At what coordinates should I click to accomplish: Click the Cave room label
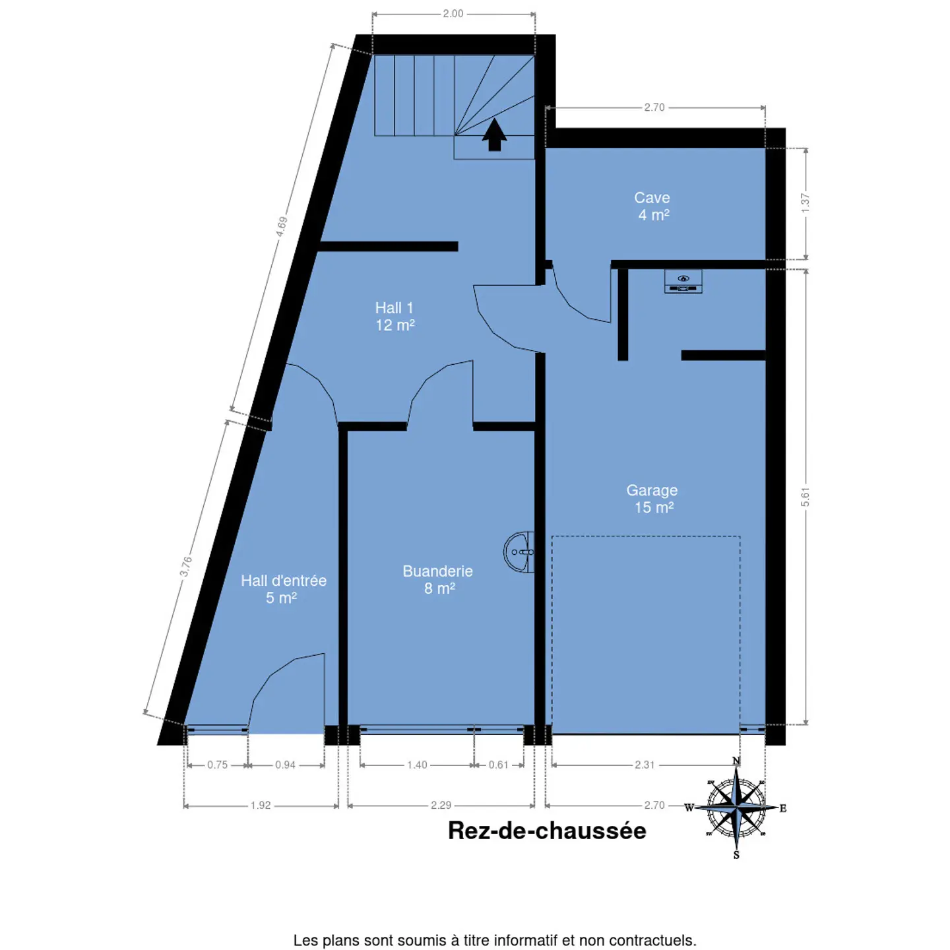[652, 206]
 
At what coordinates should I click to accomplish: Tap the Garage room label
[652, 498]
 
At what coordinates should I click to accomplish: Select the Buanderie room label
[438, 579]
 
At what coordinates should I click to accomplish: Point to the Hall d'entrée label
[284, 588]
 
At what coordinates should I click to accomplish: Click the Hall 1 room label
[395, 316]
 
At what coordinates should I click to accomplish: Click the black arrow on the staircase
[495, 134]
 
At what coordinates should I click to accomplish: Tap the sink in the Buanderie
[519, 552]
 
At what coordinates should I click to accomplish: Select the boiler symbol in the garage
[683, 282]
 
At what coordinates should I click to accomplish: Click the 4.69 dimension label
[281, 227]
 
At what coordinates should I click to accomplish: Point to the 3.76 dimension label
[185, 566]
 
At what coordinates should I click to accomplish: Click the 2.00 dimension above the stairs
[453, 14]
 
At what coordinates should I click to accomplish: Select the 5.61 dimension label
[805, 497]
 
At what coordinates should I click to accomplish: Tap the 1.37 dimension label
[805, 203]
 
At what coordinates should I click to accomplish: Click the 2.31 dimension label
[645, 765]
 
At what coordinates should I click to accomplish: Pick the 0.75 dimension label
[218, 765]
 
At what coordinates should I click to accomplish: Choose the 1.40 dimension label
[417, 765]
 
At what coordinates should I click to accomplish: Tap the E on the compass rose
[783, 808]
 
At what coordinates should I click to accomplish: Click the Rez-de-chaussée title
[547, 831]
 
